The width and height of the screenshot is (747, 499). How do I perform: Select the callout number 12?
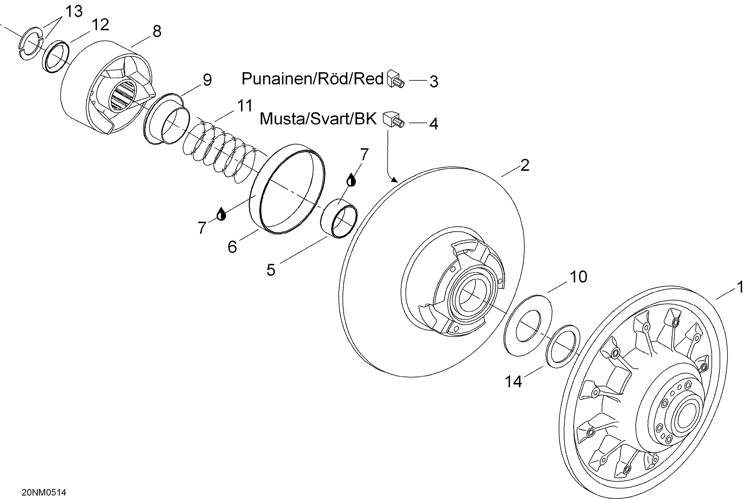[x=100, y=25]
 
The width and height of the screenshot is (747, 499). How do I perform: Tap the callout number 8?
[x=157, y=31]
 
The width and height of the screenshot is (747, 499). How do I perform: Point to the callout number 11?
[x=244, y=106]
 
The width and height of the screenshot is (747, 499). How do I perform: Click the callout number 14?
[x=513, y=381]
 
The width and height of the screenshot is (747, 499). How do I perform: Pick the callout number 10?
[x=578, y=277]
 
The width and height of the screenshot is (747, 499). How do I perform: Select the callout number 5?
[x=271, y=270]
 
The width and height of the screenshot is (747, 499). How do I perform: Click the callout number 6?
[x=232, y=247]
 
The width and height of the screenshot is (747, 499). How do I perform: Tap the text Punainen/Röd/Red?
[x=312, y=78]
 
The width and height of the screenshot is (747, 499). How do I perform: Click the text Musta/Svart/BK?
[x=318, y=119]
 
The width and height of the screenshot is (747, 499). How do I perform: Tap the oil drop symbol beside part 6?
[x=221, y=214]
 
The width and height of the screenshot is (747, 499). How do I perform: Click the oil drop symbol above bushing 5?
[x=351, y=180]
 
